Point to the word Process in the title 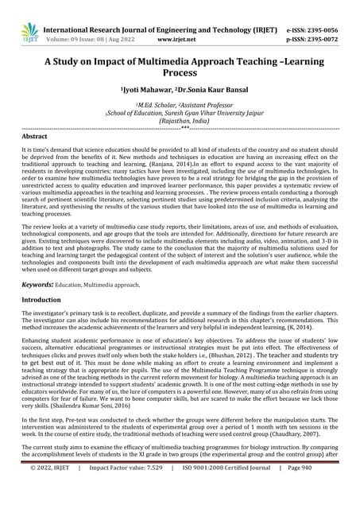coord(180,72)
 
